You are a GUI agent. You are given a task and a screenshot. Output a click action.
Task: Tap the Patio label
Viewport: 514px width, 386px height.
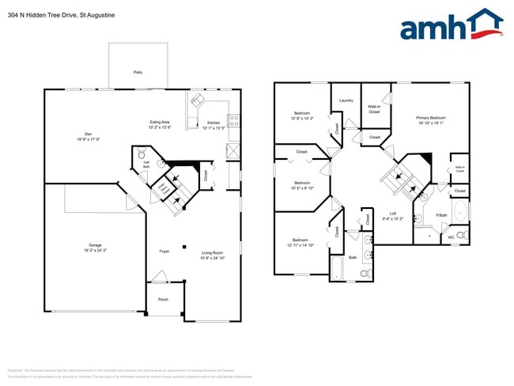(x=138, y=72)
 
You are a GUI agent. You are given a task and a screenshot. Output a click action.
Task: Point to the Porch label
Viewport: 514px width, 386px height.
(x=164, y=299)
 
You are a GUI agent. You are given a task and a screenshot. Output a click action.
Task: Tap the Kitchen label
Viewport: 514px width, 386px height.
(x=214, y=123)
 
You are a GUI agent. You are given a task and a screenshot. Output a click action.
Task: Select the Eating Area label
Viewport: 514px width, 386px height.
(x=161, y=123)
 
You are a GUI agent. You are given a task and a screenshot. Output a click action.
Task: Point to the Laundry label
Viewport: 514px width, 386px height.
(x=346, y=100)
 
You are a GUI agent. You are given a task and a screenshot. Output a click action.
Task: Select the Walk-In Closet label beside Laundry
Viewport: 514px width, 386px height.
(x=374, y=109)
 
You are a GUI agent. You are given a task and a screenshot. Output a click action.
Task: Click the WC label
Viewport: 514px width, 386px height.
(x=452, y=236)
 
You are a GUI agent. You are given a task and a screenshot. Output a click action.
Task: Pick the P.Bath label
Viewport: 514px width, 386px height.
(x=442, y=215)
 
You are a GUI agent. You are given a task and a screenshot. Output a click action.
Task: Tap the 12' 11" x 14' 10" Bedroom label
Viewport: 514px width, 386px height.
(x=300, y=242)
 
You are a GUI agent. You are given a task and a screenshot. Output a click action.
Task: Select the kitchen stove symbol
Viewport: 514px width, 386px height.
(x=233, y=121)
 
